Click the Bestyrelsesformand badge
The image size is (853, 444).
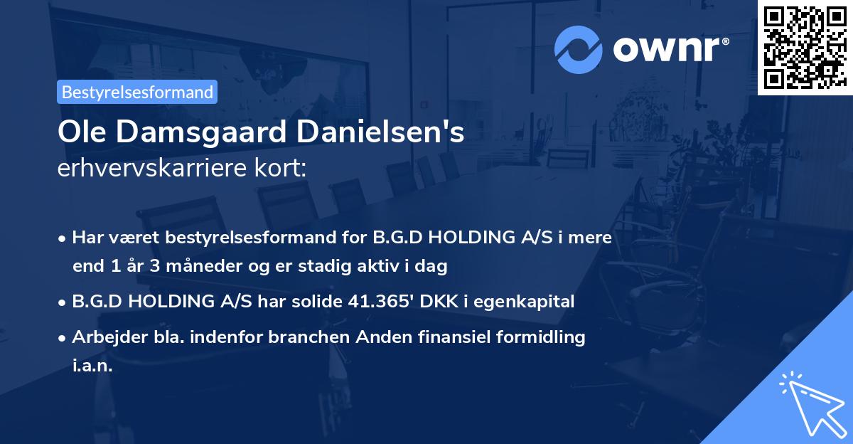137,92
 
